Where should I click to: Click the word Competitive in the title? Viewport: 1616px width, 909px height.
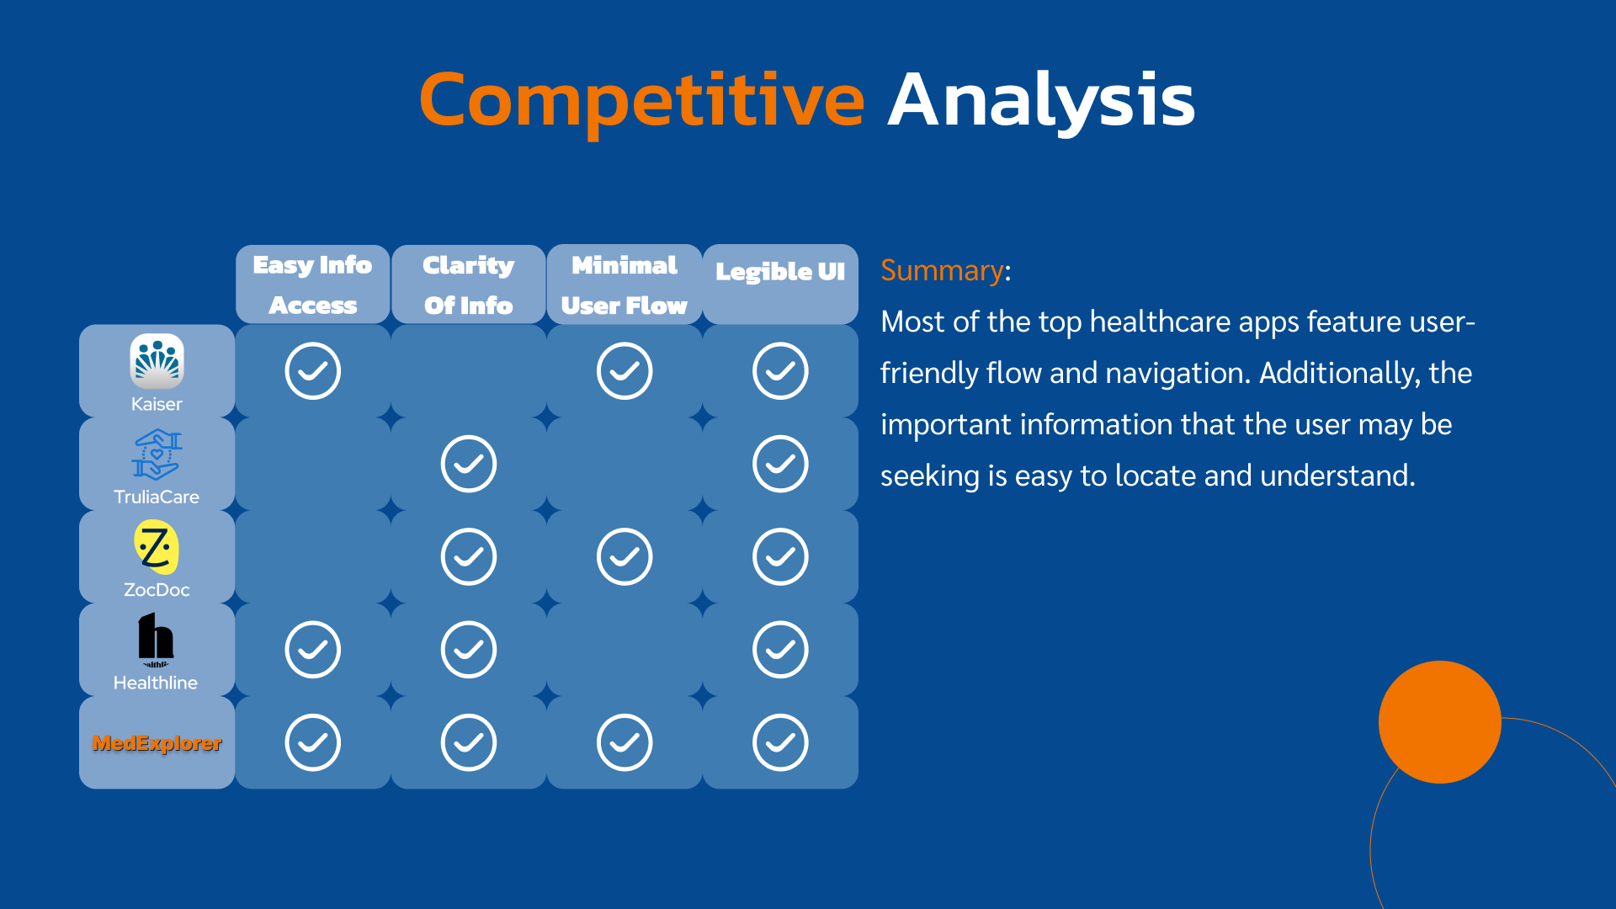[641, 101]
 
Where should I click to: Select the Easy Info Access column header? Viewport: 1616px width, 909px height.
[312, 284]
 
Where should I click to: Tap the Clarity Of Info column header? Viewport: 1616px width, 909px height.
[468, 284]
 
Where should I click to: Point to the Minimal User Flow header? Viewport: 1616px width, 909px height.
[625, 284]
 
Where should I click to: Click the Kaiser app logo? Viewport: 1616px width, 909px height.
[157, 361]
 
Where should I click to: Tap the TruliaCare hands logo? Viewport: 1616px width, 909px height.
[157, 454]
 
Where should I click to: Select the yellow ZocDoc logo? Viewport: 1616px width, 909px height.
[157, 547]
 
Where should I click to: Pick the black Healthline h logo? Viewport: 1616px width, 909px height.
[156, 637]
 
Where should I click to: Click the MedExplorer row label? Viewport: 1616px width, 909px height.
[157, 743]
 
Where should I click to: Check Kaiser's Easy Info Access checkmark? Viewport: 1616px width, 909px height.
[312, 370]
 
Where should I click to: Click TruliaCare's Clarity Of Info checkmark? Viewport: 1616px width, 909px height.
[468, 464]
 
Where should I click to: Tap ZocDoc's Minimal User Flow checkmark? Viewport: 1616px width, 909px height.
[625, 556]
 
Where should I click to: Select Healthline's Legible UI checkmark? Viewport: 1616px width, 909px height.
[780, 650]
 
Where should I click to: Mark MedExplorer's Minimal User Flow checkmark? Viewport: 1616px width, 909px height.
[625, 742]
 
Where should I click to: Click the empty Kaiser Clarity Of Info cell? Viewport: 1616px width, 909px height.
[468, 370]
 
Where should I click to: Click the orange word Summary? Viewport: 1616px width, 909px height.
[942, 271]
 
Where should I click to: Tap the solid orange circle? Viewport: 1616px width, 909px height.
[1439, 722]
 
